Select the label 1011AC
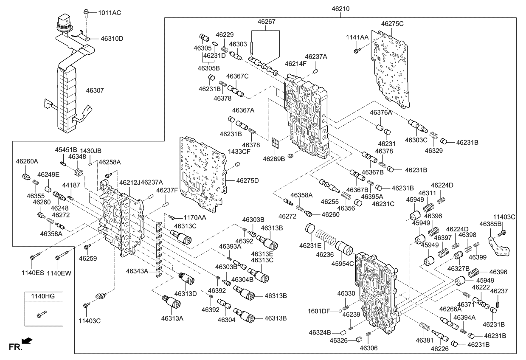click(x=109, y=13)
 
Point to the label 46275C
click(x=392, y=24)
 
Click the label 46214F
click(x=295, y=64)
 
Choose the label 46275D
click(x=247, y=181)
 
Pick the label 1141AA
click(x=357, y=38)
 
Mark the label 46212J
click(x=129, y=183)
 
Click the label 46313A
click(x=172, y=318)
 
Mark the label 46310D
click(x=112, y=39)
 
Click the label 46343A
click(x=137, y=270)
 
